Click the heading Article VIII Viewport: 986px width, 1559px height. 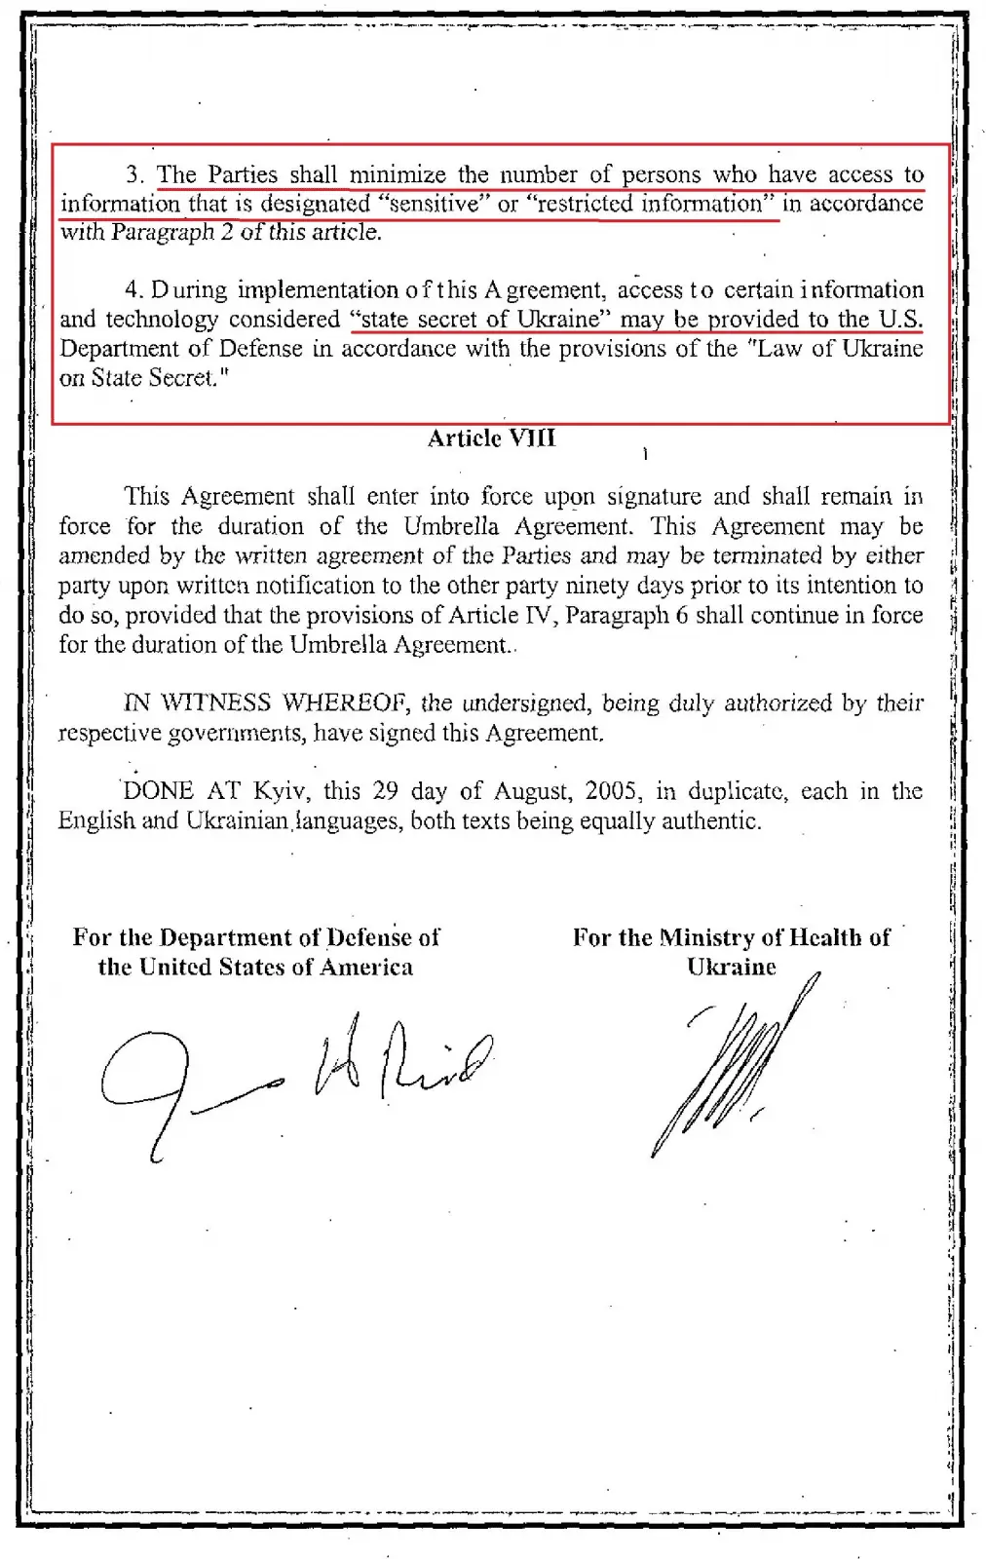[491, 438]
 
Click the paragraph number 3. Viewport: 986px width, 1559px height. [134, 175]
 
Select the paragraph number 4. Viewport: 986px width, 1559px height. [133, 290]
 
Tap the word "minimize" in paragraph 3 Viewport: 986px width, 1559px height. [398, 175]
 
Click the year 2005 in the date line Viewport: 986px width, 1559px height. [610, 790]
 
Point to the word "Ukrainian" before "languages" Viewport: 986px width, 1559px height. [236, 820]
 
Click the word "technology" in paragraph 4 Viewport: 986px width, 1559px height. [162, 320]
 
